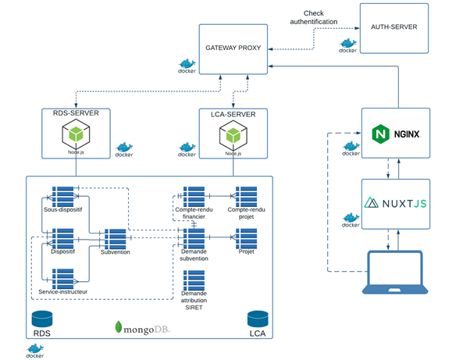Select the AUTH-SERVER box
(x=393, y=28)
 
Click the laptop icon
(x=394, y=272)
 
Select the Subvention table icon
(x=115, y=237)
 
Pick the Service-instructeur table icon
(x=62, y=277)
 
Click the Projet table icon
(x=247, y=237)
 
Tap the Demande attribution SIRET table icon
(x=194, y=280)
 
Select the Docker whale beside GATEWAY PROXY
(x=187, y=64)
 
